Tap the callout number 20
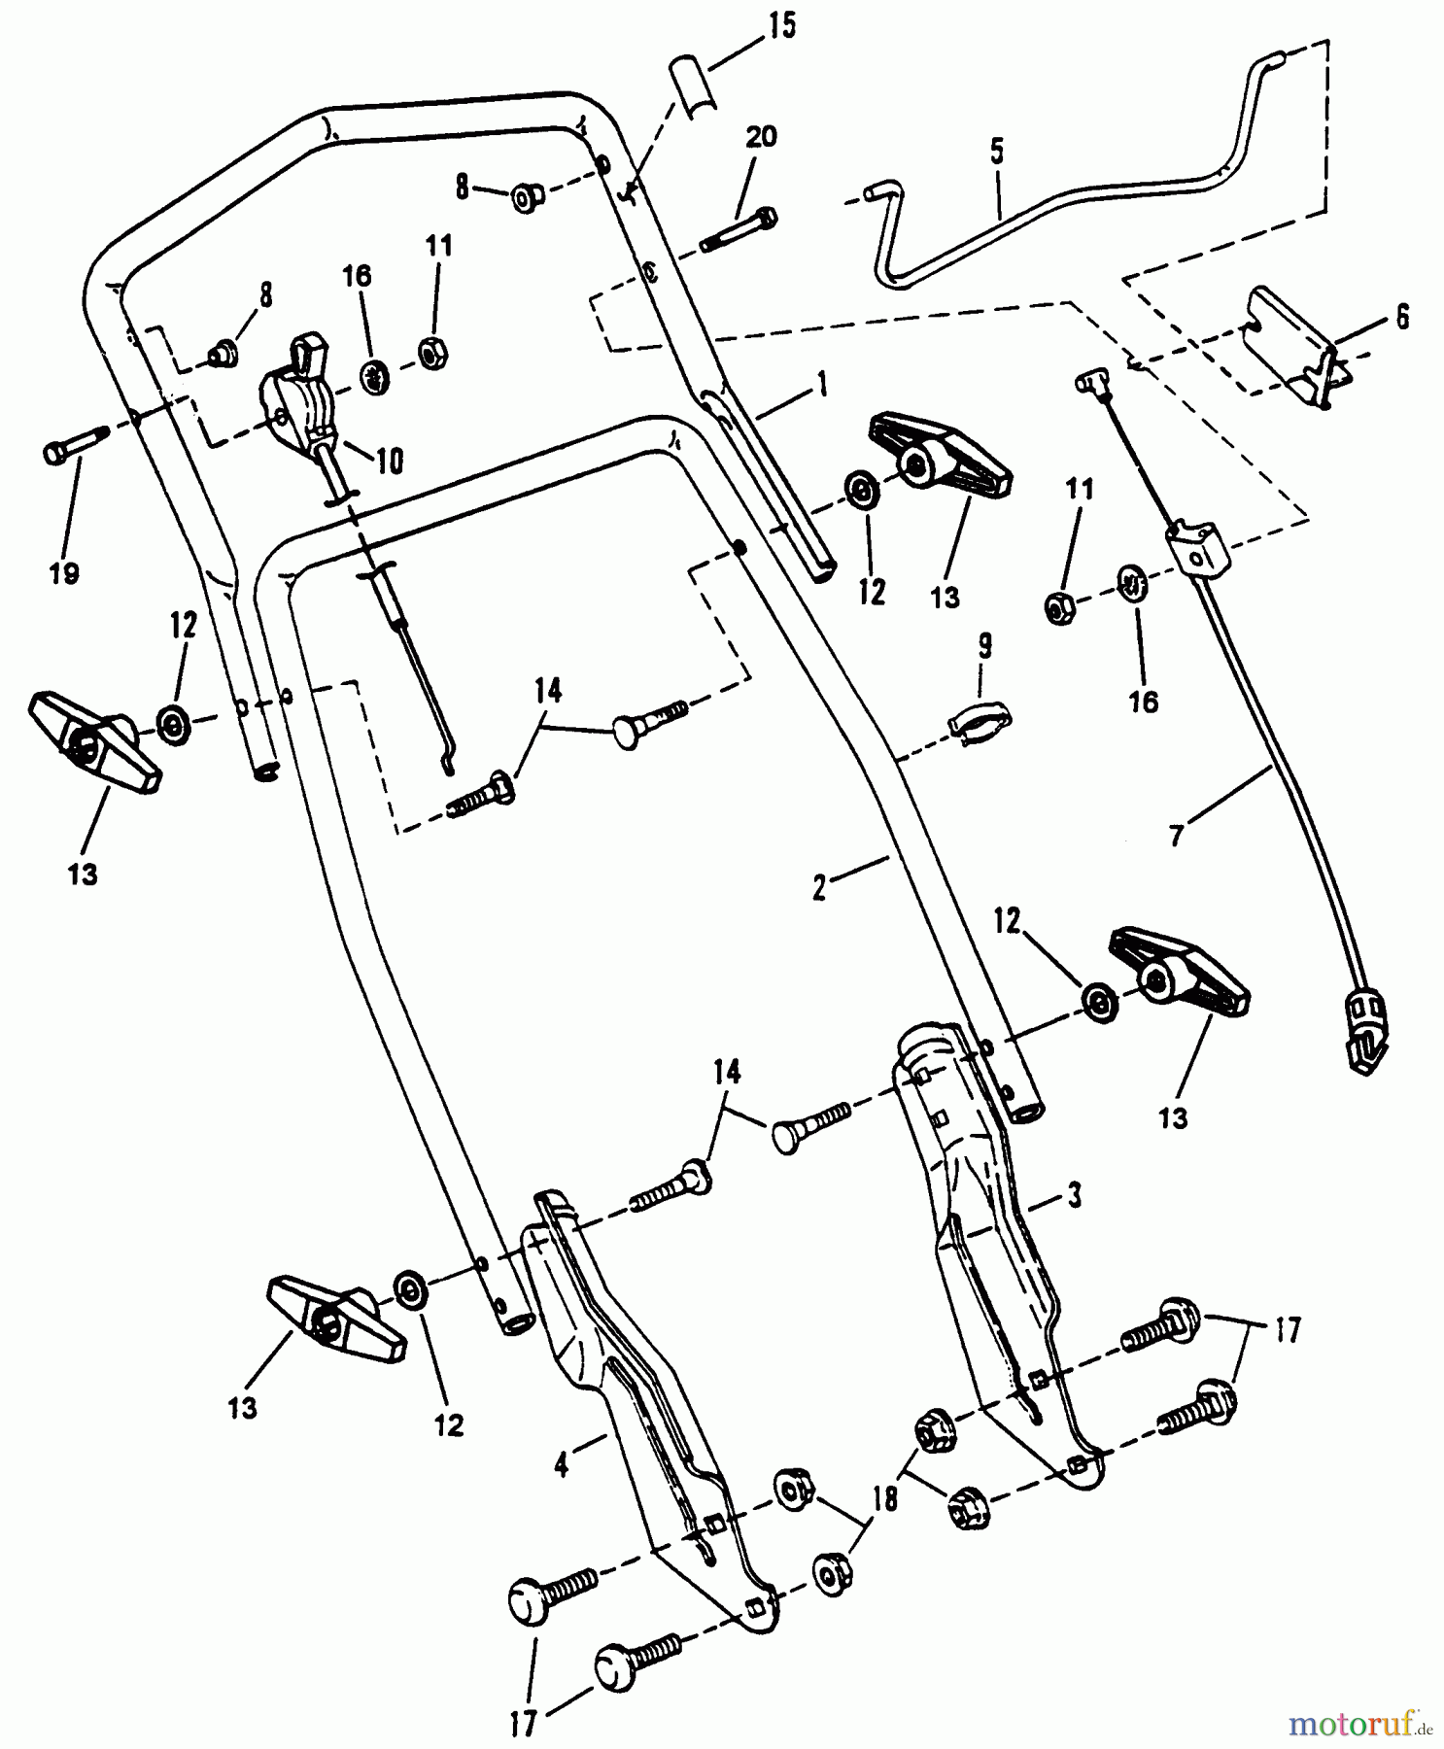pyautogui.click(x=760, y=139)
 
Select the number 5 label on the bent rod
pyautogui.click(x=996, y=153)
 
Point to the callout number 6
pyautogui.click(x=1401, y=317)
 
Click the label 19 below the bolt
pyautogui.click(x=64, y=574)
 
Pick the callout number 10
pyautogui.click(x=389, y=462)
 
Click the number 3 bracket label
pyautogui.click(x=1074, y=1197)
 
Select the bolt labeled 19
pyautogui.click(x=73, y=449)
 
